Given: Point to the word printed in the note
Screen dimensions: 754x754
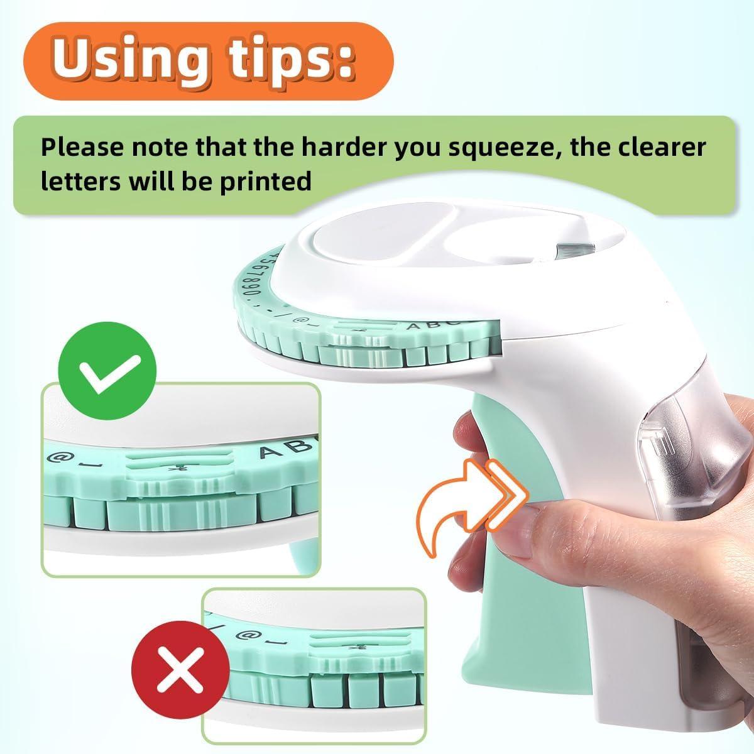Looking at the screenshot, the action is point(266,182).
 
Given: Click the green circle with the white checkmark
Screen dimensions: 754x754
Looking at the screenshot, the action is point(107,371).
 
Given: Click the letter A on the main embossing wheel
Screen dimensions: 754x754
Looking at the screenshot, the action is point(413,325).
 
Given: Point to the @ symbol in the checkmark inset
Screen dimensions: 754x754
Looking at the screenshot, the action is point(56,457).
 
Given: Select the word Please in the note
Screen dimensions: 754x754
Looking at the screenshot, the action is point(82,147).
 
